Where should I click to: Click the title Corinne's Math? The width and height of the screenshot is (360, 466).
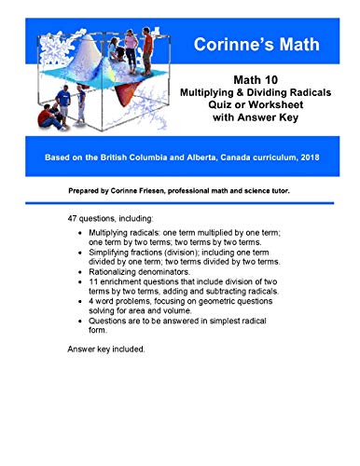point(254,44)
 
